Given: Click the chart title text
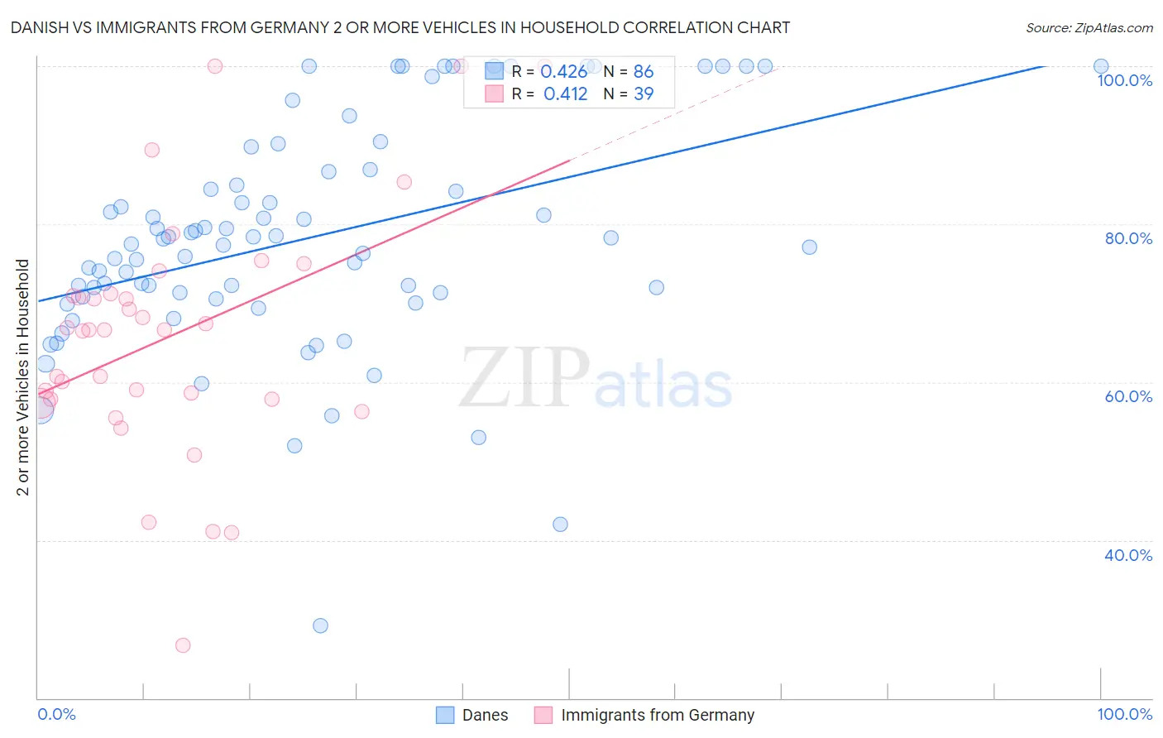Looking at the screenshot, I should click(400, 28).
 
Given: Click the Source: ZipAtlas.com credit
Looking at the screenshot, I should click(1089, 28).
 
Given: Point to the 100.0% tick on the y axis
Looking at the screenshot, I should click(1124, 80).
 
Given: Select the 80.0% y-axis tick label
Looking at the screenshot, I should click(1128, 238).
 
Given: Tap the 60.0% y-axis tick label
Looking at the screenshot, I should click(1128, 396).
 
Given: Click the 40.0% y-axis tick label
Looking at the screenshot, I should click(1128, 555).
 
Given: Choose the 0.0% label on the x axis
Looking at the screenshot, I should click(56, 714).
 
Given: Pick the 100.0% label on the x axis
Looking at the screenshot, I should click(1124, 714).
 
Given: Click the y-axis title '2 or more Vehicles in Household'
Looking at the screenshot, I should click(23, 377).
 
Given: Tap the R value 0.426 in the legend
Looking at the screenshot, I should click(563, 72).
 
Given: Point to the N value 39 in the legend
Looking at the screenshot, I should click(644, 94).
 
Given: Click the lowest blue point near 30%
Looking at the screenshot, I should click(320, 625).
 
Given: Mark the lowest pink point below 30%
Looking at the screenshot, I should click(183, 645).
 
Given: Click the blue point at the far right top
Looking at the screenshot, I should click(1101, 66).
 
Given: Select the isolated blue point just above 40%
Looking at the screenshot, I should click(560, 525).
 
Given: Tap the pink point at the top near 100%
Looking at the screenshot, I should click(215, 66).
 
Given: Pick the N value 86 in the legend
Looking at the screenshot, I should click(644, 72).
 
